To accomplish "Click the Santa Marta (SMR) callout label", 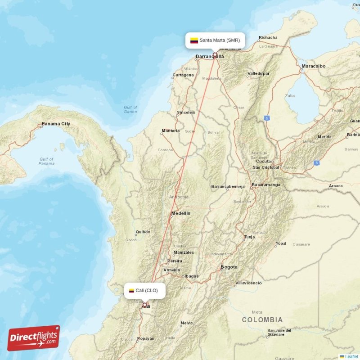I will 215,40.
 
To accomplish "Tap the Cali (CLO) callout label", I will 144,290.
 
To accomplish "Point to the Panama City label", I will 56,124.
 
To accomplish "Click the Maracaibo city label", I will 313,66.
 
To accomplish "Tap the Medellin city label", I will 180,213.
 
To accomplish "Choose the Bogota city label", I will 229,267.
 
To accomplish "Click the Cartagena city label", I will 184,75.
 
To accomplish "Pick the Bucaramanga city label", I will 265,184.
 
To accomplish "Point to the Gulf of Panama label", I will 46,161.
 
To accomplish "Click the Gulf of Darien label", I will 130,109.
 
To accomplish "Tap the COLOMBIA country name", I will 262,320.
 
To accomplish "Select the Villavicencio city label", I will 248,283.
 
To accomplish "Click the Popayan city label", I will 146,338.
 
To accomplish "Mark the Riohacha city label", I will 268,38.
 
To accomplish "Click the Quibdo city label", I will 143,232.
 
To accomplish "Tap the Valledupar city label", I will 258,73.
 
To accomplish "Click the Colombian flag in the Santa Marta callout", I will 194,40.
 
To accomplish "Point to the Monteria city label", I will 171,131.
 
